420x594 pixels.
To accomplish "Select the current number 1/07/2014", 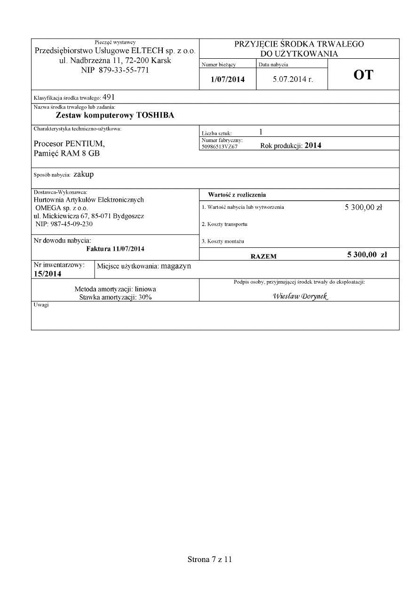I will pyautogui.click(x=228, y=79).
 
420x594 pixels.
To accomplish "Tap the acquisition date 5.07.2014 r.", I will pyautogui.click(x=293, y=79).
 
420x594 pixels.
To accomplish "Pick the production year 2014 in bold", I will pyautogui.click(x=313, y=145).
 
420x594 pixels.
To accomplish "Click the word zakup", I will pyautogui.click(x=84, y=174).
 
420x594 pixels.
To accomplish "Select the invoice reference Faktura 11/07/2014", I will pyautogui.click(x=116, y=248).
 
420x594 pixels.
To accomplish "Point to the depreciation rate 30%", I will pyautogui.click(x=144, y=297).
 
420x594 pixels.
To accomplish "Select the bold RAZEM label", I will pyautogui.click(x=263, y=256).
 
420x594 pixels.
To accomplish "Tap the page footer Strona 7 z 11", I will pyautogui.click(x=210, y=559).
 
